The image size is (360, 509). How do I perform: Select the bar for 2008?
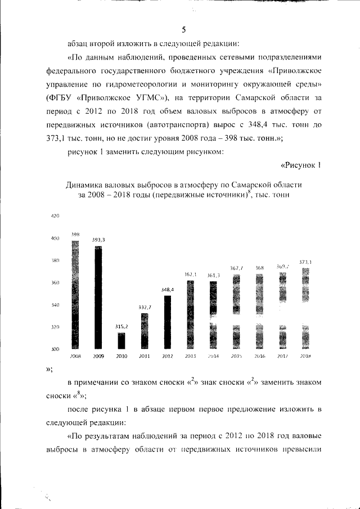tap(75, 295)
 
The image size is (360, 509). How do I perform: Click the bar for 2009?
tap(98, 298)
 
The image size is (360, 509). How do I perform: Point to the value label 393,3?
tap(98, 240)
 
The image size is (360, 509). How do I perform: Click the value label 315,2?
tap(121, 326)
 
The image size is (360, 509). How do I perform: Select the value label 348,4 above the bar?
tap(167, 290)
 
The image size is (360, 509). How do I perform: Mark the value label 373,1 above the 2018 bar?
tap(305, 262)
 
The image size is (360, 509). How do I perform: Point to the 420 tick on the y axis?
tap(55, 217)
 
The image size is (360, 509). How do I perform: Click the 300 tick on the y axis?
tap(55, 349)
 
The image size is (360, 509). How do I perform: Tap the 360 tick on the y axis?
tap(55, 283)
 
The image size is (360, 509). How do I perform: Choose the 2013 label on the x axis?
tap(190, 357)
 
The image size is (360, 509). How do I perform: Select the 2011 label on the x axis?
tap(144, 357)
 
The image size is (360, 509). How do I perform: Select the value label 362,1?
tap(190, 274)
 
